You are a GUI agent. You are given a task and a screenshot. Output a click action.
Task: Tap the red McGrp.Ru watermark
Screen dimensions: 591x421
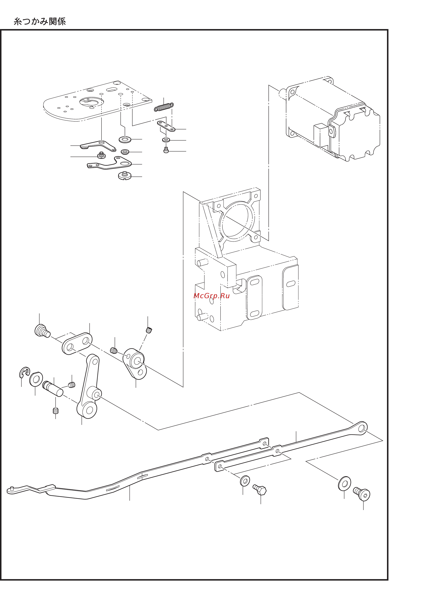[211, 296]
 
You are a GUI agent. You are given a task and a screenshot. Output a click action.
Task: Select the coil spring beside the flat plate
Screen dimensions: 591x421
[163, 107]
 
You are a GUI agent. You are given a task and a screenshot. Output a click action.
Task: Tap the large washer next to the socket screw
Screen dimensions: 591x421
[345, 483]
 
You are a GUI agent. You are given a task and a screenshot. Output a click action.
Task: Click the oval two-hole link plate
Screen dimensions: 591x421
[77, 344]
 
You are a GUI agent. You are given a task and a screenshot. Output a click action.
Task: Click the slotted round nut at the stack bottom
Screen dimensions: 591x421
[125, 176]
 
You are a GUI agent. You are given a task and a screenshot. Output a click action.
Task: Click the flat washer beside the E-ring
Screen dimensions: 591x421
[36, 379]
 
